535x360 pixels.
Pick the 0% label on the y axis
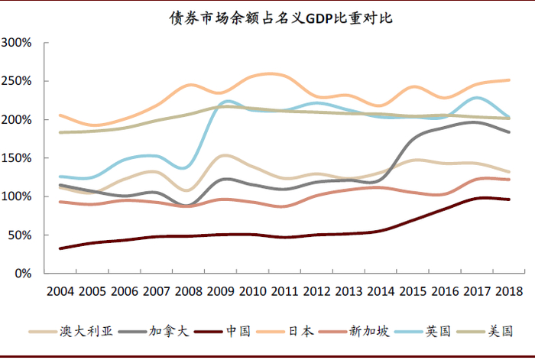coord(23,274)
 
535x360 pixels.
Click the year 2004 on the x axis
coord(60,292)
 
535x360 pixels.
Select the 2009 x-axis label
coord(222,292)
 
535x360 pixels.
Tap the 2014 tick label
coord(381,292)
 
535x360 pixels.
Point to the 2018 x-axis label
coord(509,292)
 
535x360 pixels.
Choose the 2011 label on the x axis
coord(286,292)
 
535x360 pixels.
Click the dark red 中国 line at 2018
coord(509,199)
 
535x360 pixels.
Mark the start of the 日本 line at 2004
coord(60,115)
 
